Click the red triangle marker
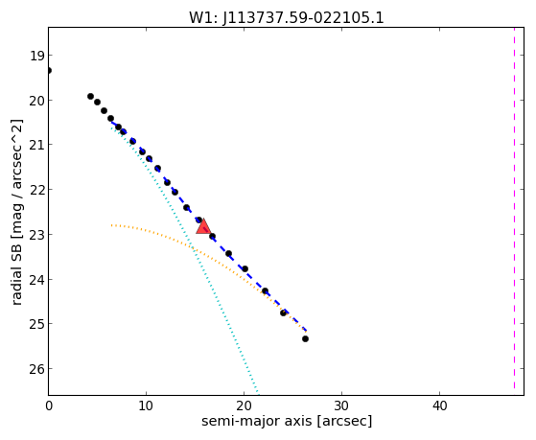coord(203,226)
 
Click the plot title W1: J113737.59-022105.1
coord(287,18)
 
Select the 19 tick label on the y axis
coord(36,56)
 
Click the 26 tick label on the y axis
coord(36,369)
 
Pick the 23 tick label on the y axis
coord(36,235)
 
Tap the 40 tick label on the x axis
coord(439,405)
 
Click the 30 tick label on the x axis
coord(341,405)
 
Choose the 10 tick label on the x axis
coord(146,405)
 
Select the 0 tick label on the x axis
coord(49,405)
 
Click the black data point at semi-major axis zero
coord(49,70)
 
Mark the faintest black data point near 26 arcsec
coord(305,338)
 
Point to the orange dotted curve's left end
coord(112,225)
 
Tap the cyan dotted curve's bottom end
coord(258,392)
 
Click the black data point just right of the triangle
coord(212,236)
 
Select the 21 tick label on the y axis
coord(36,145)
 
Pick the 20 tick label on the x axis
coord(244,405)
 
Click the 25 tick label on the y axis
coord(36,324)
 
